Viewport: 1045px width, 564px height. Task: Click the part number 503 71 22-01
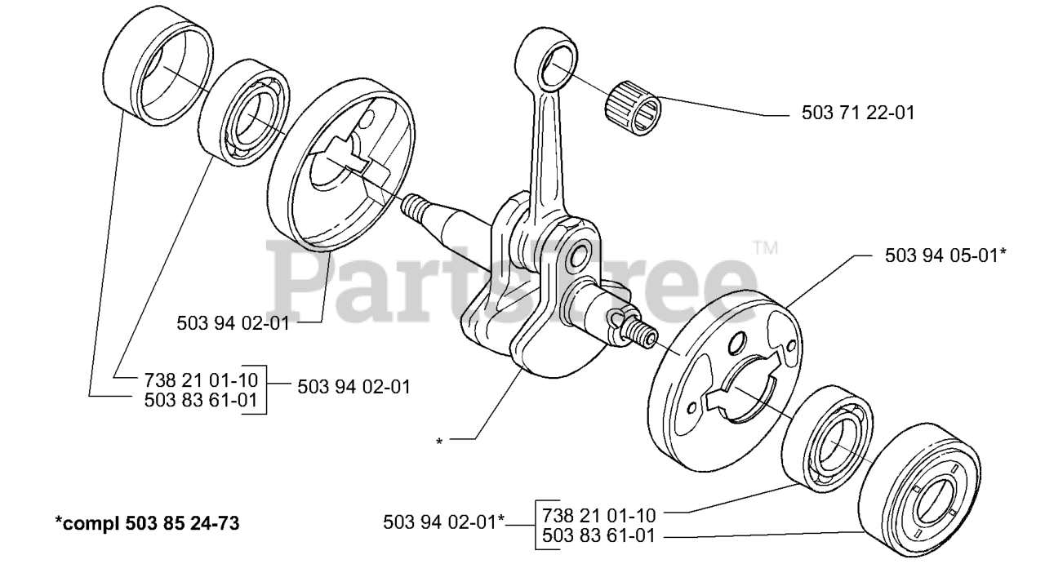(856, 113)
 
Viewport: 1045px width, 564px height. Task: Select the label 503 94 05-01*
(945, 255)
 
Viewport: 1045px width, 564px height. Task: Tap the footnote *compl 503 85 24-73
(147, 522)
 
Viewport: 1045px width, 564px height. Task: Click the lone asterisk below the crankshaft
(439, 442)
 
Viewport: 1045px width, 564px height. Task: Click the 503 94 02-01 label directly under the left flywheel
(233, 322)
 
